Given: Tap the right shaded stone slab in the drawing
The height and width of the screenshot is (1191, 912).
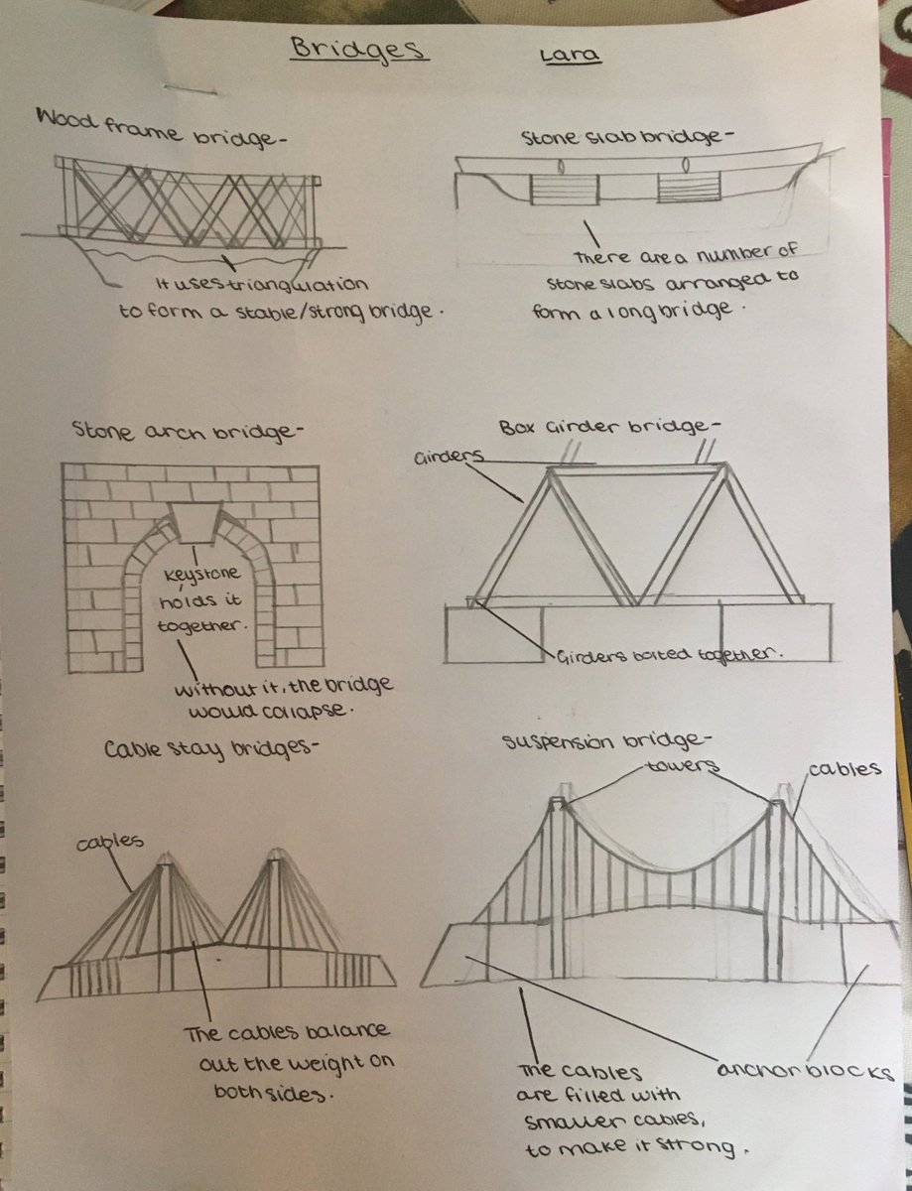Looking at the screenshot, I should (686, 189).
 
